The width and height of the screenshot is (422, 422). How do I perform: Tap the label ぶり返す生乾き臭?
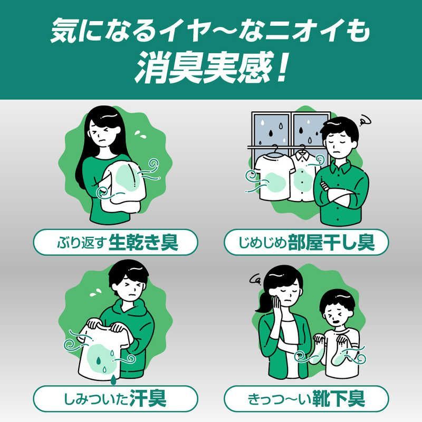[x=116, y=244]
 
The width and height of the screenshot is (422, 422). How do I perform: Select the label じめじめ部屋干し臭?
[x=306, y=244]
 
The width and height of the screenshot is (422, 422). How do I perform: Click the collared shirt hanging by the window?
[x=302, y=174]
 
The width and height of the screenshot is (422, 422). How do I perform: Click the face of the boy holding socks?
[x=338, y=311]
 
